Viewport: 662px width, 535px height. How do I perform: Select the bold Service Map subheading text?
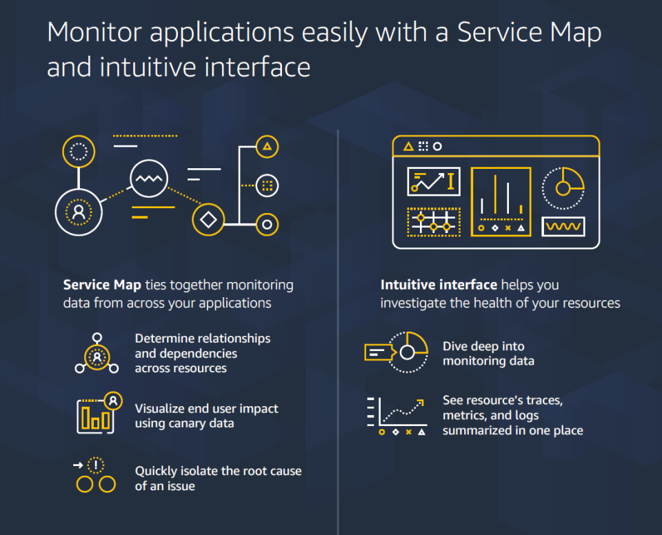click(x=102, y=285)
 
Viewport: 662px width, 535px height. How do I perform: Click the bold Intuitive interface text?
click(x=439, y=285)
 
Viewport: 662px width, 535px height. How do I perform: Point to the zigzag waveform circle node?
click(x=149, y=179)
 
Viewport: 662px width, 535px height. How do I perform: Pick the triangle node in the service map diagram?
click(x=267, y=146)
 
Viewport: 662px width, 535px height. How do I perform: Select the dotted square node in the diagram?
click(x=267, y=185)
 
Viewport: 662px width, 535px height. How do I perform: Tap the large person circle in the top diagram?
click(x=79, y=212)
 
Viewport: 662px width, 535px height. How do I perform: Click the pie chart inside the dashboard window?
click(x=563, y=188)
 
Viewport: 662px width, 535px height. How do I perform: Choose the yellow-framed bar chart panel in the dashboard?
click(x=501, y=201)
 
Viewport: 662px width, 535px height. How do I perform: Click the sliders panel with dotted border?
click(x=433, y=222)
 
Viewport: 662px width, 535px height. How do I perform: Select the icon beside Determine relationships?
click(x=97, y=354)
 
